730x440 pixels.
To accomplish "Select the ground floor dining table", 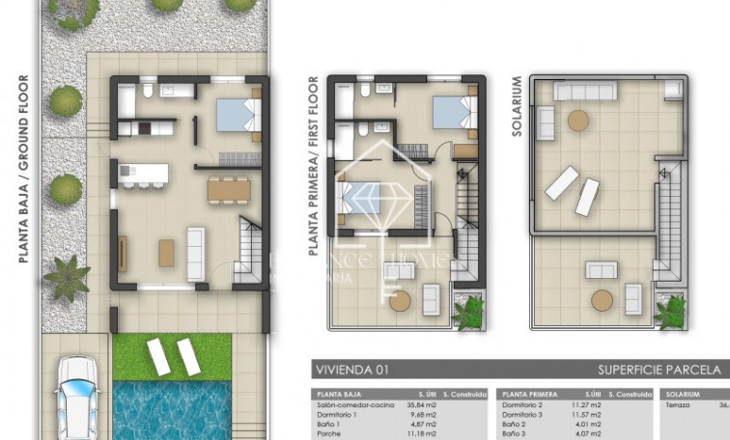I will [228, 190].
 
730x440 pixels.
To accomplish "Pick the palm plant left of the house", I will [67, 277].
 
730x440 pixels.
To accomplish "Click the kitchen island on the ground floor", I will [144, 174].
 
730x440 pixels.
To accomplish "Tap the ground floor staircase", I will [251, 246].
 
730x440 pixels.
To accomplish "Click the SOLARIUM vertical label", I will [518, 106].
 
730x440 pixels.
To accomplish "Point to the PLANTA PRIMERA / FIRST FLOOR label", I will [313, 166].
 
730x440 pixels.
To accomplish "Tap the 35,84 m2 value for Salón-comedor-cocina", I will [423, 406].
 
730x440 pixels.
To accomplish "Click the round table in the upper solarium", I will [577, 121].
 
